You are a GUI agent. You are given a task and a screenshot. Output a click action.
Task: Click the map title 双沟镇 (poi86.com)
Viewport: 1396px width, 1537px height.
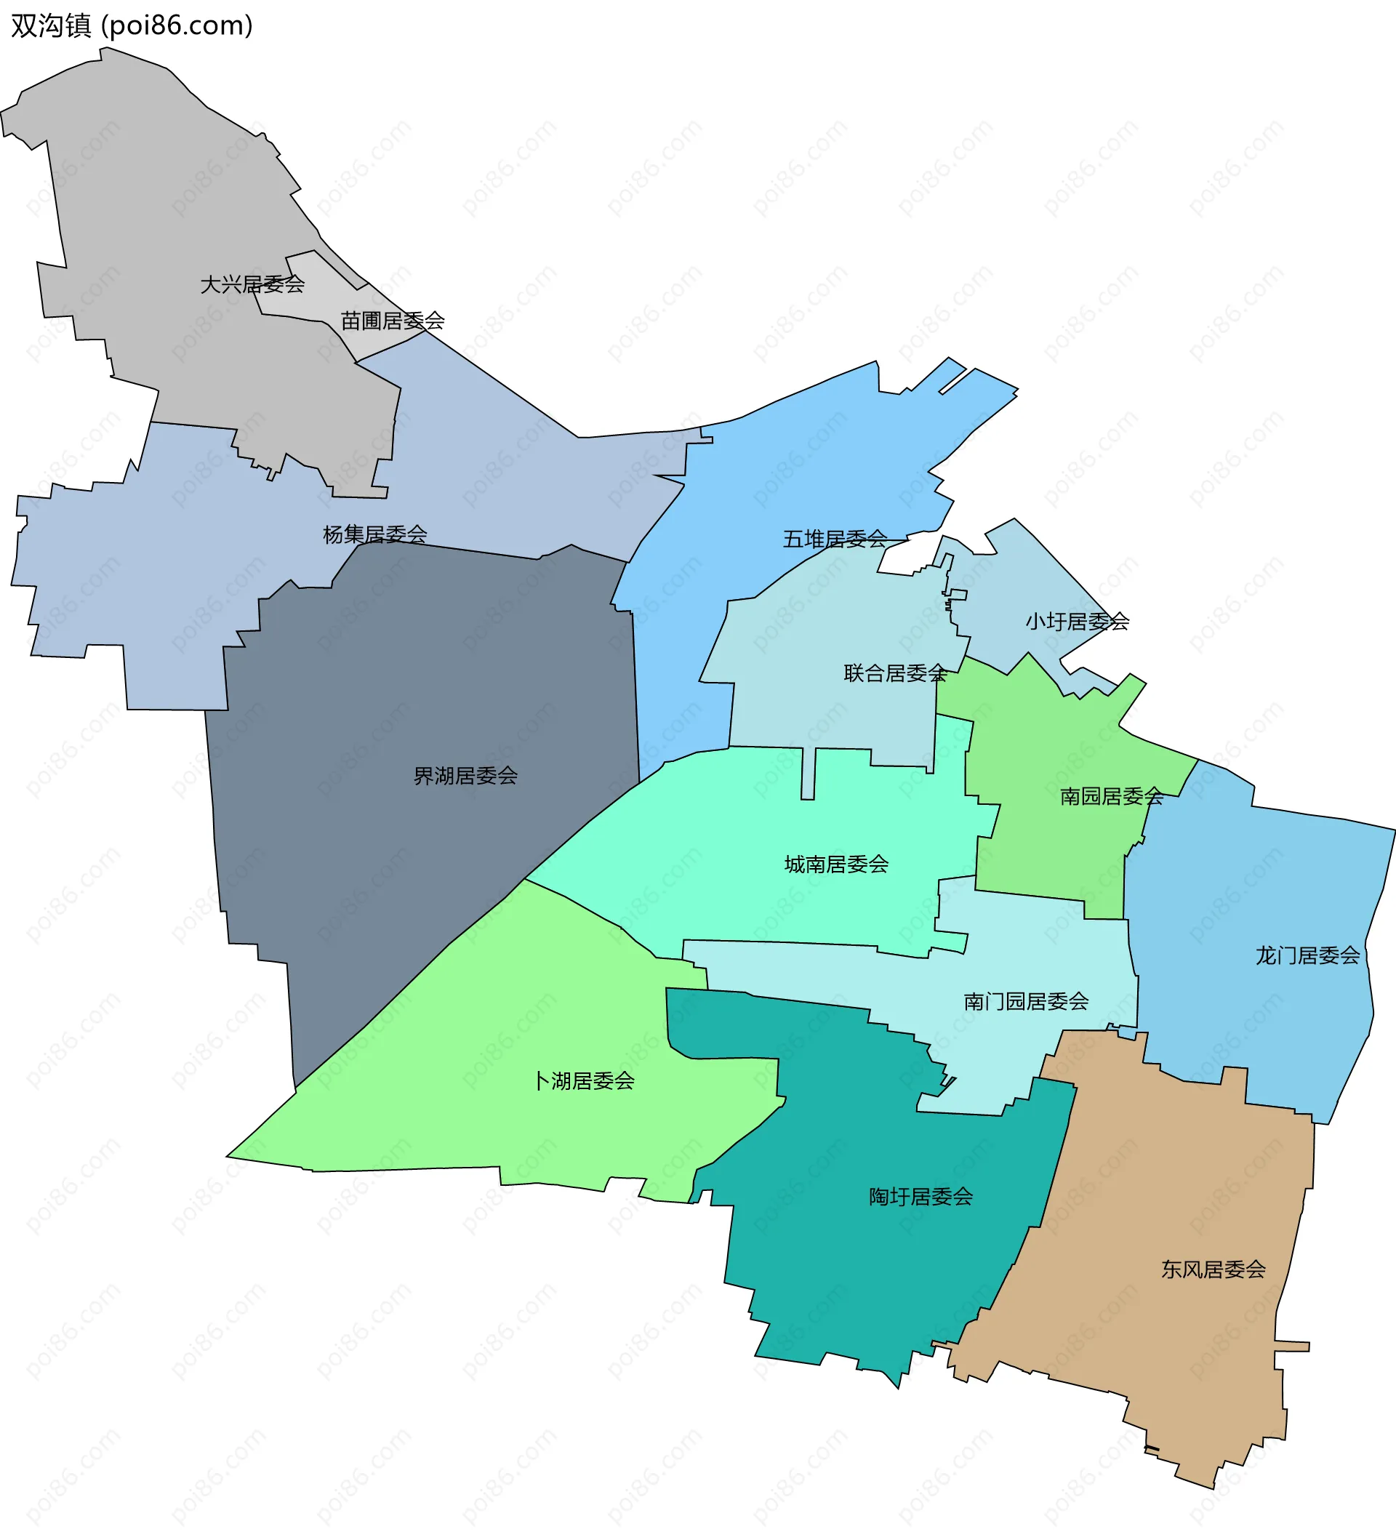[131, 26]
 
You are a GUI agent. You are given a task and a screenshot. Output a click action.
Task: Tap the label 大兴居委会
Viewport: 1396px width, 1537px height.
[252, 284]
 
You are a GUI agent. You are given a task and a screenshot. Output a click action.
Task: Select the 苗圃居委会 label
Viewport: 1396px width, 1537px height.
[393, 320]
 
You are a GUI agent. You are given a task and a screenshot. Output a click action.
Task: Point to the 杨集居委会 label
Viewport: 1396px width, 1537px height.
[374, 534]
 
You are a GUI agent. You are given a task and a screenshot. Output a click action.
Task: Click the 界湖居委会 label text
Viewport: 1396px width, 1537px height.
[465, 775]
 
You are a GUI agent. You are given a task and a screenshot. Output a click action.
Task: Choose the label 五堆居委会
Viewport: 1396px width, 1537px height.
[835, 539]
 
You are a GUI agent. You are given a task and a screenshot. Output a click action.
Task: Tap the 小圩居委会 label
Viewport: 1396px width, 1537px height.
[1077, 622]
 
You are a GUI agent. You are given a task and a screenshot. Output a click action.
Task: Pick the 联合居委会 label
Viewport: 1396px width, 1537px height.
[895, 673]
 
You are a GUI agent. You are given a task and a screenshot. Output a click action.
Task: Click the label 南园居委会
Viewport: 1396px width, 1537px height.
[1112, 796]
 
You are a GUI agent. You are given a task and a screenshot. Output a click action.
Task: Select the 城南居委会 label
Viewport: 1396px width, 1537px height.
[836, 864]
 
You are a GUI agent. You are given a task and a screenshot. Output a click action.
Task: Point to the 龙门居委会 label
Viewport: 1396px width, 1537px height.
[1307, 955]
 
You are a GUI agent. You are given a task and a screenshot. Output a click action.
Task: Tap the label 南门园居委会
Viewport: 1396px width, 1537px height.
[1025, 1001]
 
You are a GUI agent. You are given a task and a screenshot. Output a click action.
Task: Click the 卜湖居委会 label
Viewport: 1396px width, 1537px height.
[583, 1080]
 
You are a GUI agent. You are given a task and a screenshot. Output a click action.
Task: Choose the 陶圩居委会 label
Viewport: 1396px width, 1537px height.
[921, 1196]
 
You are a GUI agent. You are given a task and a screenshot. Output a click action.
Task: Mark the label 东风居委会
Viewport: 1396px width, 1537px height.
[1213, 1269]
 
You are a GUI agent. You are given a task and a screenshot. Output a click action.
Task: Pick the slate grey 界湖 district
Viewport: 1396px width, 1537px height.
[427, 686]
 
